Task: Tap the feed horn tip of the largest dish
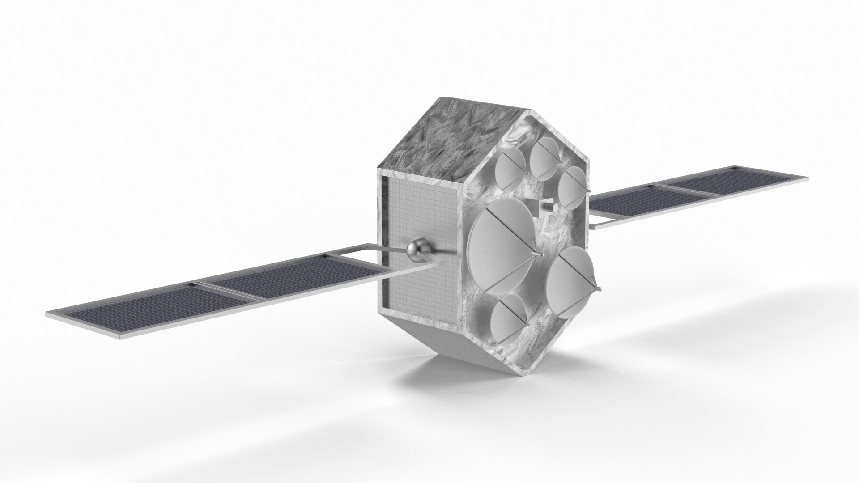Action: pos(543,254)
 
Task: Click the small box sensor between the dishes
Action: pos(547,208)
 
